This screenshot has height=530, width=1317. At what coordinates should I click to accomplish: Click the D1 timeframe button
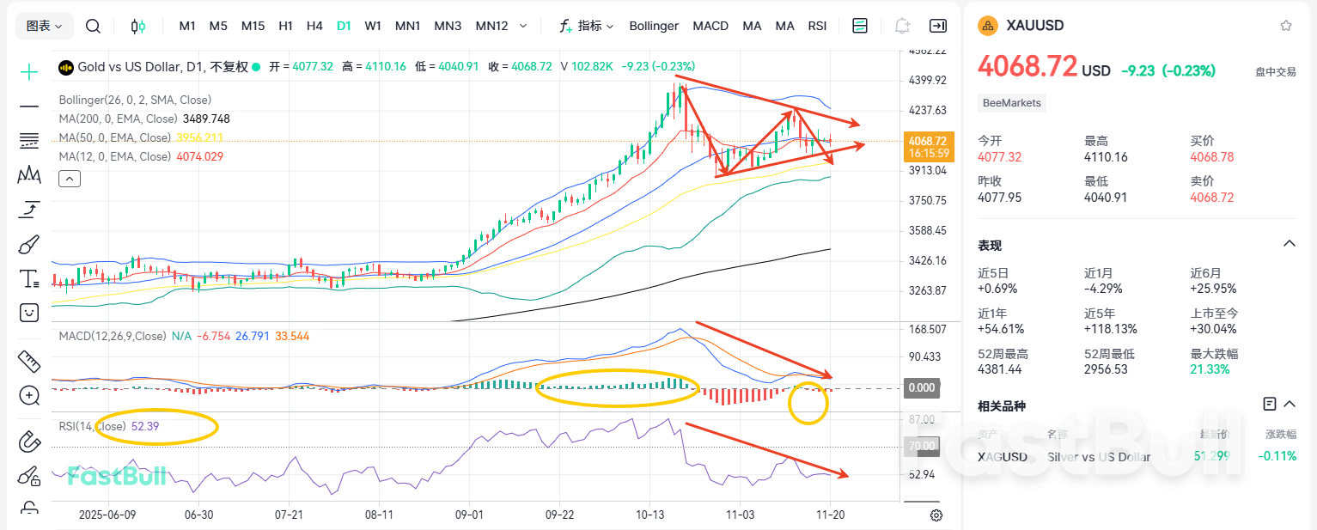344,26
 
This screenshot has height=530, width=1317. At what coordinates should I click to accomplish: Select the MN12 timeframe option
491,26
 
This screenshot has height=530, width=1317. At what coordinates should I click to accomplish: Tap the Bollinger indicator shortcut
654,26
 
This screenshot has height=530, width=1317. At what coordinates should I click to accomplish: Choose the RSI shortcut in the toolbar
817,26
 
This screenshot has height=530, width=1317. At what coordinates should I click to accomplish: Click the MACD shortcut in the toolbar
710,26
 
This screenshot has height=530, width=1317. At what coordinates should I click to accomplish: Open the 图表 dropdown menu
45,26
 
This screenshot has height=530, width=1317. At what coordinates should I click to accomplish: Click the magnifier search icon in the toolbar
93,26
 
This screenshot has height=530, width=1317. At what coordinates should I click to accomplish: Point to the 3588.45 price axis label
927,230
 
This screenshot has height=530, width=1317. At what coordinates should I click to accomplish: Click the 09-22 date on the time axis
559,515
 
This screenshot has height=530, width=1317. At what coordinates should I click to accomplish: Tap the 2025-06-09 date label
107,515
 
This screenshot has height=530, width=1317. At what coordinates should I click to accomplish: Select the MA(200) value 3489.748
206,119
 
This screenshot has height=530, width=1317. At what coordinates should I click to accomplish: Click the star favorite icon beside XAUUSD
1285,26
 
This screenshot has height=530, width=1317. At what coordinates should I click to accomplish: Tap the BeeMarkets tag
1012,103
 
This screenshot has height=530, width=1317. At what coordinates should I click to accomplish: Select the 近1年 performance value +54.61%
1000,329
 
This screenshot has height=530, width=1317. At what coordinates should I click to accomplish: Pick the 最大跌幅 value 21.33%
1210,369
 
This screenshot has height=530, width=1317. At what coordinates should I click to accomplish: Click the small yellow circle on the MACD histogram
808,404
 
